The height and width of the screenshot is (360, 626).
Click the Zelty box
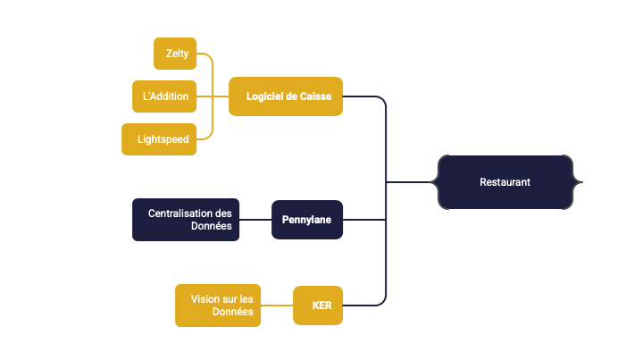(x=175, y=54)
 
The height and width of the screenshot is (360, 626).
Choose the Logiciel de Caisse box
(x=286, y=96)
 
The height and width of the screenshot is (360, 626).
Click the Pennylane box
(x=307, y=220)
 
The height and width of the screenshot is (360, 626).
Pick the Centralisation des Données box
(x=186, y=220)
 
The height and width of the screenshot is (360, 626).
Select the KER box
(x=318, y=306)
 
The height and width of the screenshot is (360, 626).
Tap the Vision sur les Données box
(x=218, y=306)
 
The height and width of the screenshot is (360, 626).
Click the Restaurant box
(x=505, y=182)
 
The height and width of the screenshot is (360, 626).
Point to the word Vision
(x=196, y=298)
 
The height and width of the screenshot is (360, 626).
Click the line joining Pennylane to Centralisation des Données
(x=255, y=220)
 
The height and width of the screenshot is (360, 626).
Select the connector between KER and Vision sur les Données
(x=277, y=306)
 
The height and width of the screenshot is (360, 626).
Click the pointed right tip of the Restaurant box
(x=583, y=182)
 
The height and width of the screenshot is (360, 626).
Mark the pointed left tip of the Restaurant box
(x=430, y=182)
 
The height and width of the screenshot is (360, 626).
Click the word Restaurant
(x=505, y=182)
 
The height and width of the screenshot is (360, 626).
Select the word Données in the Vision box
(x=233, y=313)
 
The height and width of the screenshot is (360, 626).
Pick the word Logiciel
(x=265, y=96)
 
